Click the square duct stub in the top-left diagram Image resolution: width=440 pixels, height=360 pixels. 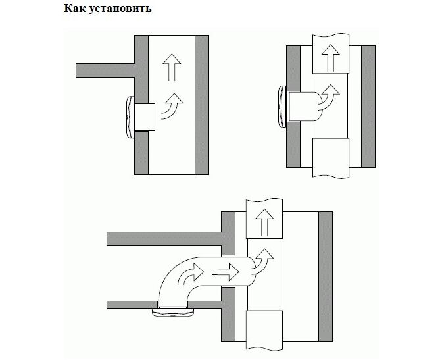(145, 116)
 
